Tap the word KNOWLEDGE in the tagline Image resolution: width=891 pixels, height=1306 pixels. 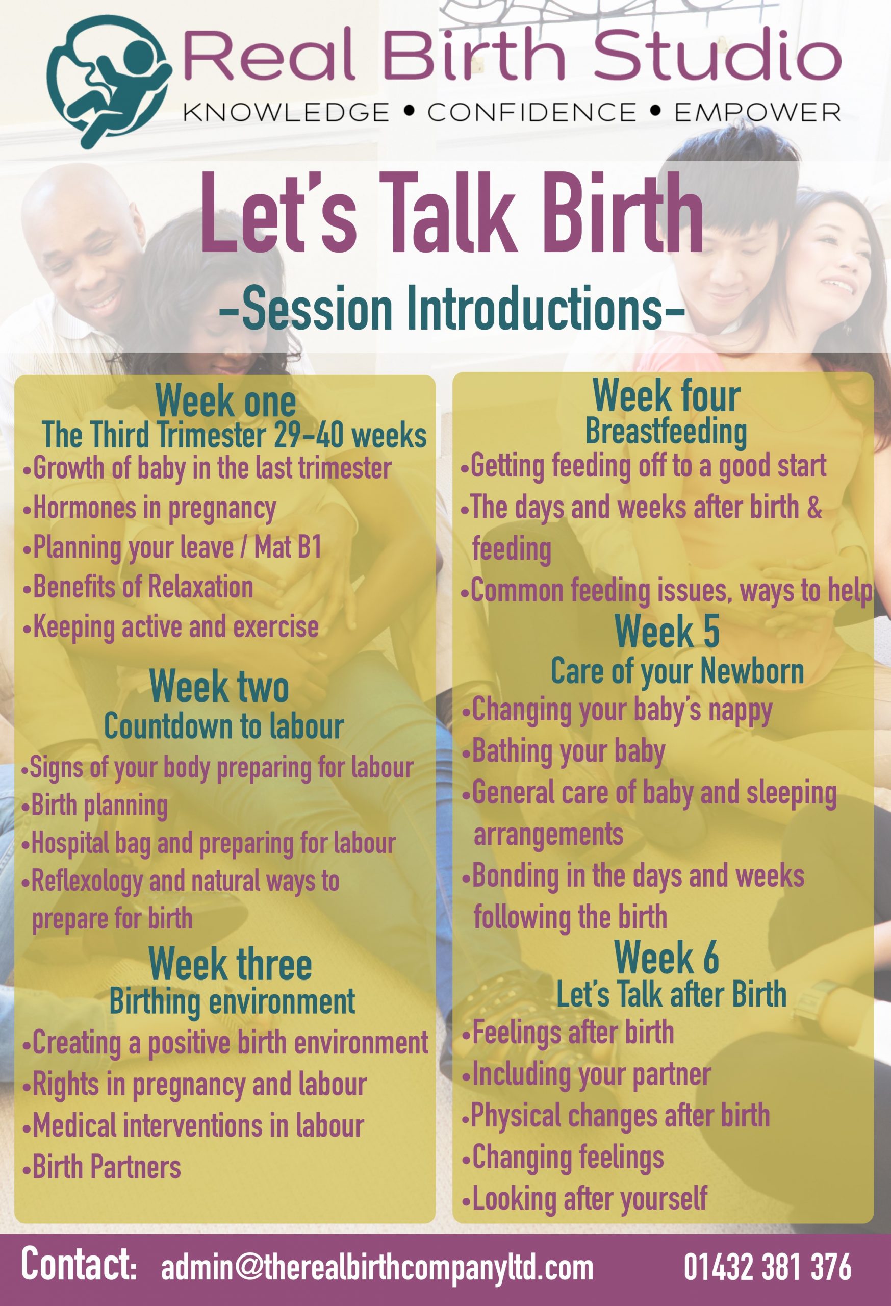pyautogui.click(x=286, y=112)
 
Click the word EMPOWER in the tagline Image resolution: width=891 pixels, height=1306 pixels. pyautogui.click(x=757, y=112)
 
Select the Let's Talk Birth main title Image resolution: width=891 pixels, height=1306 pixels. pyautogui.click(x=452, y=214)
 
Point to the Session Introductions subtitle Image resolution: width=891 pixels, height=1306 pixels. pyautogui.click(x=452, y=308)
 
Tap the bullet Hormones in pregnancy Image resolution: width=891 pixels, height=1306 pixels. pyautogui.click(x=149, y=509)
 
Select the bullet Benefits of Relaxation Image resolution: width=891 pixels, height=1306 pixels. pyautogui.click(x=138, y=587)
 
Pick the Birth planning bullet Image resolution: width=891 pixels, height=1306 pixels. pyautogui.click(x=94, y=806)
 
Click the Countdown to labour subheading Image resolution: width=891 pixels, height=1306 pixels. pyautogui.click(x=223, y=726)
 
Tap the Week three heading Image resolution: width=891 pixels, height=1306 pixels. pyautogui.click(x=231, y=963)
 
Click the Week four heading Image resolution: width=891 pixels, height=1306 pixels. pyautogui.click(x=666, y=395)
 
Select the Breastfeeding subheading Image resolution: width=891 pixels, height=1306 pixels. pyautogui.click(x=666, y=432)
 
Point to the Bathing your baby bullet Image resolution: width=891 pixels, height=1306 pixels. pyautogui.click(x=564, y=752)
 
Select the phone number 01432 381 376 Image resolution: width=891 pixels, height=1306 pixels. pyautogui.click(x=768, y=1267)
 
